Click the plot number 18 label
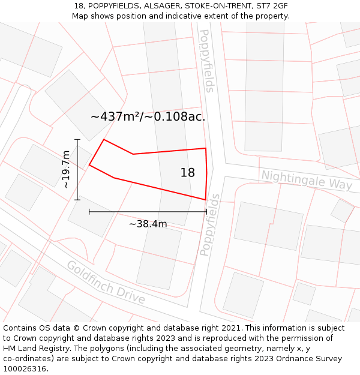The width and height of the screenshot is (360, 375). coord(188,173)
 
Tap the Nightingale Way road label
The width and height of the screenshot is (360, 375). coord(307,179)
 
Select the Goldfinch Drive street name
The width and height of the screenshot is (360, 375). coord(106,282)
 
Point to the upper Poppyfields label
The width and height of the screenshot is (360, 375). coord(206,61)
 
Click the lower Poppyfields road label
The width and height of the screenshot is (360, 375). coord(209,225)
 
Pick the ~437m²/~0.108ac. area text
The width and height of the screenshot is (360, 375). coord(148,117)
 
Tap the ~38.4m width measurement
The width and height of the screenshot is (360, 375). coord(148,224)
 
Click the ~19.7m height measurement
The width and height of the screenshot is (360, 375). coord(65,170)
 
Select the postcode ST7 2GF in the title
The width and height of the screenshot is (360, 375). coord(271,5)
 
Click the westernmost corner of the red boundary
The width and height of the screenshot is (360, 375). coord(89,165)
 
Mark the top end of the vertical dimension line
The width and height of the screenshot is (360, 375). coord(77,139)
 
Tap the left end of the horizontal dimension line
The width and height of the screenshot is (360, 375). coord(89,211)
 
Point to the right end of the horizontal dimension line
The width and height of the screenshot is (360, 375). coord(206,211)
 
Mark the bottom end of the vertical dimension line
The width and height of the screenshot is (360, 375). coord(77,200)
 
